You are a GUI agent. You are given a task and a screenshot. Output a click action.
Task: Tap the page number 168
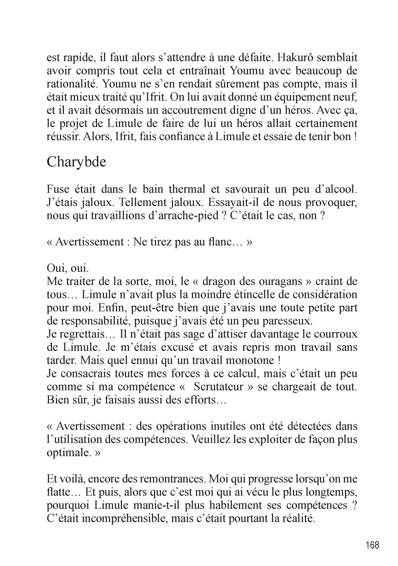click(x=372, y=545)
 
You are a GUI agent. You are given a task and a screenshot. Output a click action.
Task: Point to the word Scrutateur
click(x=219, y=386)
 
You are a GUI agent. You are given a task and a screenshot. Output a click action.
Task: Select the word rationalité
click(x=72, y=83)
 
